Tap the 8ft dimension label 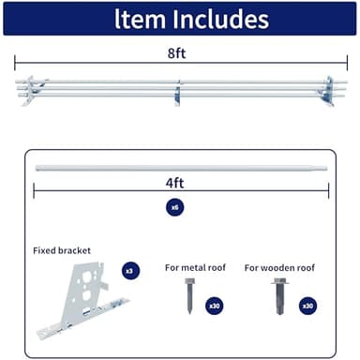[x=177, y=54]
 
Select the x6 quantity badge [x=174, y=207]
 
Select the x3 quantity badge [x=130, y=270]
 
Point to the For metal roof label [x=194, y=267]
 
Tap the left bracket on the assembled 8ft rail [x=30, y=90]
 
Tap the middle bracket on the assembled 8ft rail [x=178, y=92]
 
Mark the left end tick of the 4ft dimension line [x=34, y=190]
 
